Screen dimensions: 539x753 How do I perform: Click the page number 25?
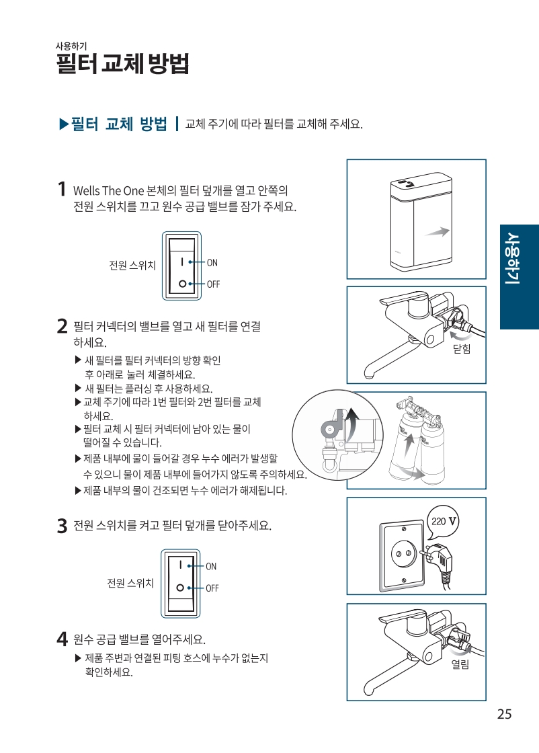(504, 714)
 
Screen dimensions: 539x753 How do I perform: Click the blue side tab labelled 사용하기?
(520, 276)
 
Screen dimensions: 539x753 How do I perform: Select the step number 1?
(61, 189)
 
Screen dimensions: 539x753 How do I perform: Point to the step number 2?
(62, 327)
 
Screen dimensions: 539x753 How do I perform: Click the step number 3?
(62, 526)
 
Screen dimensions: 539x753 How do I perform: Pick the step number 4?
(62, 639)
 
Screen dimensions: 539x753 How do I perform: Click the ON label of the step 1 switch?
(212, 263)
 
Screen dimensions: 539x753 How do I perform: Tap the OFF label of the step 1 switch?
(214, 284)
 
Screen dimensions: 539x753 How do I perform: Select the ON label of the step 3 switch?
(211, 567)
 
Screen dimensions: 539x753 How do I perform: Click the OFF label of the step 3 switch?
(212, 588)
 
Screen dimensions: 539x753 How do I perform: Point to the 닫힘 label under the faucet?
(462, 349)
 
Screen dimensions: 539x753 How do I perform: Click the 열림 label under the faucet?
(460, 665)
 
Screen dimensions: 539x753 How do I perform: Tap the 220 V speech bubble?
(443, 522)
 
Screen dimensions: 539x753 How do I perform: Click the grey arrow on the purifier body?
(437, 232)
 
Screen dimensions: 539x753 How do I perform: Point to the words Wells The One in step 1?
(108, 191)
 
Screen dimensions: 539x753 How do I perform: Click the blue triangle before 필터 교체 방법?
(65, 124)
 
